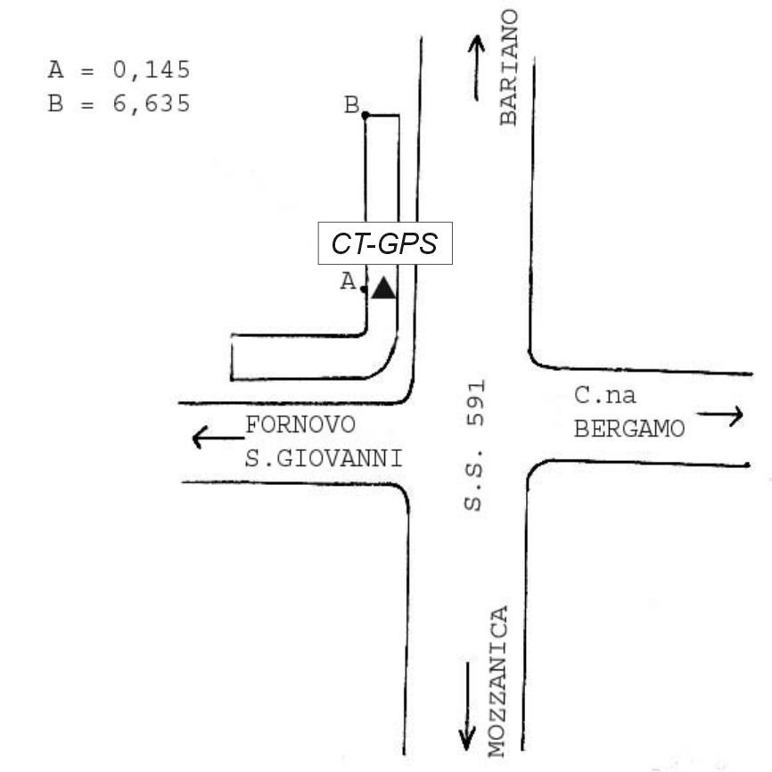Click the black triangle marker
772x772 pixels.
coord(383,289)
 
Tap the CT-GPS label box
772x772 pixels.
coord(385,243)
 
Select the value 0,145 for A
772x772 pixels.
coord(152,70)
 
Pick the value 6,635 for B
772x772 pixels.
coord(152,103)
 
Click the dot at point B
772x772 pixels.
coord(365,115)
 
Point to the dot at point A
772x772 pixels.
coord(365,289)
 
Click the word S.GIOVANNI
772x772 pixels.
coord(323,459)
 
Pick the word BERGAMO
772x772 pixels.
coord(629,430)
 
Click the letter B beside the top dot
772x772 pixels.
coord(351,106)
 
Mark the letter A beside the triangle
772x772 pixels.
coord(349,282)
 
